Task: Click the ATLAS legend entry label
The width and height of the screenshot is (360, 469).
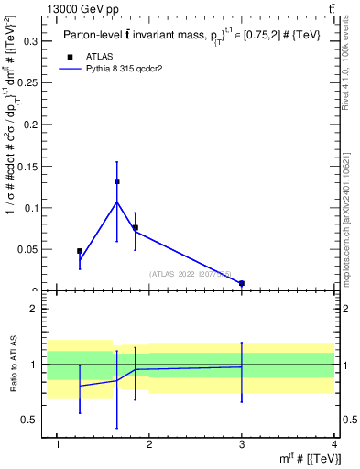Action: click(99, 56)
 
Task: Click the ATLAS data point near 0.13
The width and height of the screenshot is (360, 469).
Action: click(117, 181)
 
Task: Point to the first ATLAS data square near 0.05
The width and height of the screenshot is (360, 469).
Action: click(80, 251)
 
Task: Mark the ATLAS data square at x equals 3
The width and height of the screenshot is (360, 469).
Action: click(242, 284)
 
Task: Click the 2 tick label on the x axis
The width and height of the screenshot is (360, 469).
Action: click(150, 444)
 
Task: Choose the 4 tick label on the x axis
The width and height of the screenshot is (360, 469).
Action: click(334, 444)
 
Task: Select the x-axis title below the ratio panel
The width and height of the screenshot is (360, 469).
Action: click(311, 459)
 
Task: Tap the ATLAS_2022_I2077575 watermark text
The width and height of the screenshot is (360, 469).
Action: click(191, 273)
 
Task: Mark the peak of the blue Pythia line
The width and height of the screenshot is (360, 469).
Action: click(116, 202)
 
